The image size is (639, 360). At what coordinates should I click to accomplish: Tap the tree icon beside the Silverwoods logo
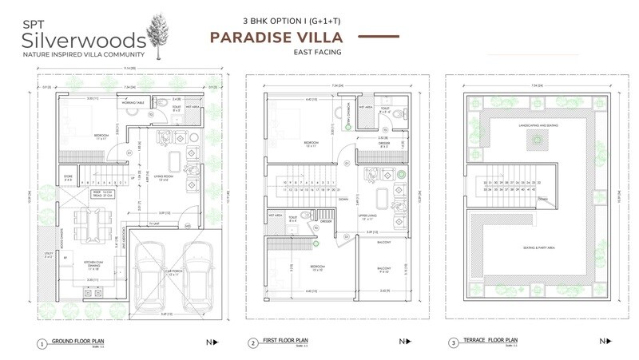click(155, 34)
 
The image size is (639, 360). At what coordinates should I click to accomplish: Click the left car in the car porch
click(150, 275)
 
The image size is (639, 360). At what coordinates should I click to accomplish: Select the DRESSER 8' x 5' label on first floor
click(383, 146)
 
